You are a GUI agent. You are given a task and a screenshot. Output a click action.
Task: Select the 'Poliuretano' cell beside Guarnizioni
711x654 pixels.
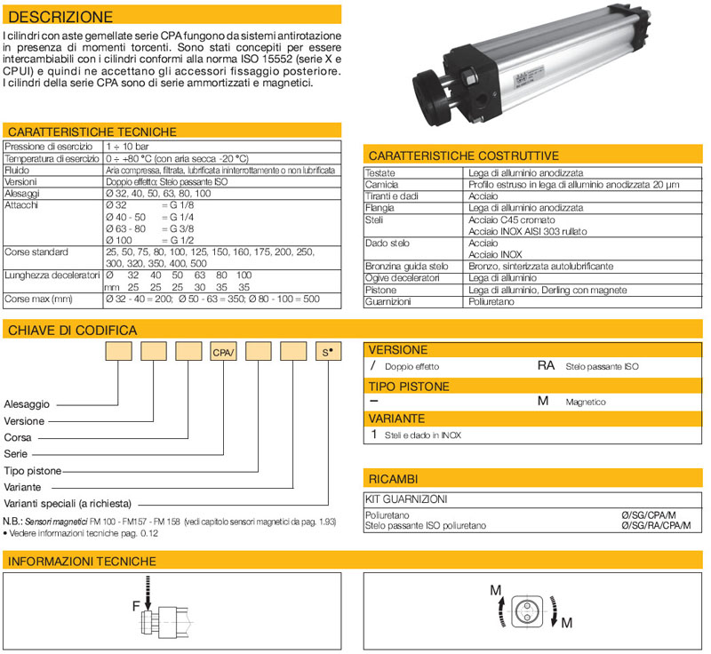tap(492, 302)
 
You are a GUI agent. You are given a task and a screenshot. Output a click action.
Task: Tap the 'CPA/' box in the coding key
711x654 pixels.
tap(222, 353)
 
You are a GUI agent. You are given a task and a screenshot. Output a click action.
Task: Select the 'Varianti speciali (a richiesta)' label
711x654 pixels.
tap(71, 502)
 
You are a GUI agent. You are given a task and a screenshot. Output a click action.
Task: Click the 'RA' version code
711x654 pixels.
tap(546, 365)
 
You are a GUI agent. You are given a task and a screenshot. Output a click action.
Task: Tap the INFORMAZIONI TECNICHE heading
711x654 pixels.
tap(82, 562)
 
